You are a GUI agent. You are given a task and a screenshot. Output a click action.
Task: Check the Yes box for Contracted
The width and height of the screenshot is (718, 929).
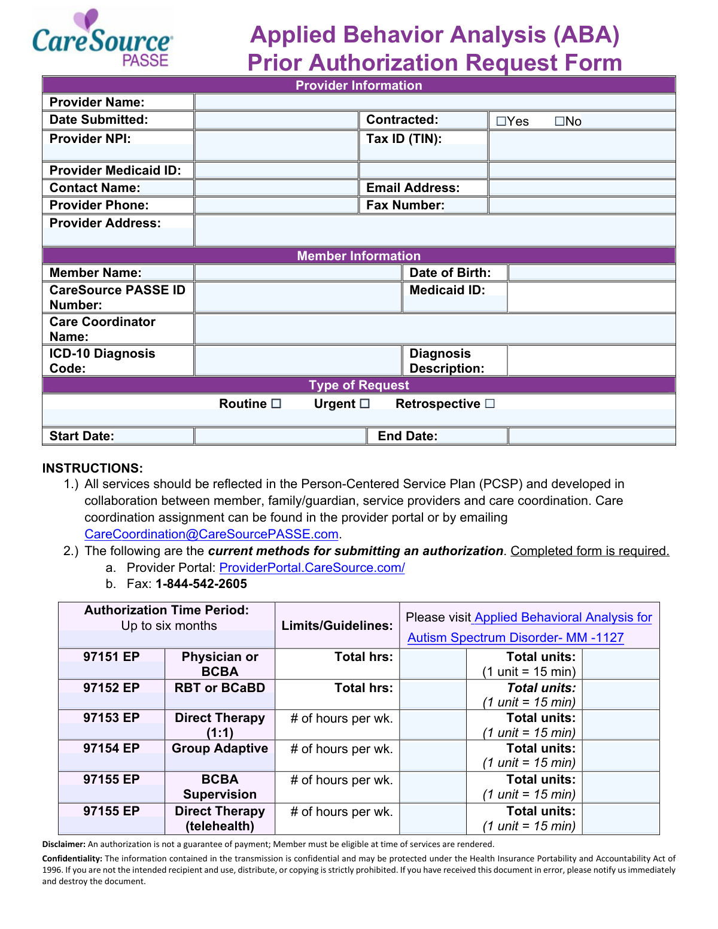click(x=501, y=121)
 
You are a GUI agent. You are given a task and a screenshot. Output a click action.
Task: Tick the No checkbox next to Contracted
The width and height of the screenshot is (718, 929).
click(x=560, y=121)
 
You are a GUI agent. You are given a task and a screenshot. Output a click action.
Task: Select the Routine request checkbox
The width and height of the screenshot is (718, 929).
click(x=276, y=404)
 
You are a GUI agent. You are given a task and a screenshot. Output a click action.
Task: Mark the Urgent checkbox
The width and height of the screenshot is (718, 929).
click(x=365, y=404)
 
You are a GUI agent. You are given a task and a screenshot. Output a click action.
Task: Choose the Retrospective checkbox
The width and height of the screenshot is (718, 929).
click(x=490, y=404)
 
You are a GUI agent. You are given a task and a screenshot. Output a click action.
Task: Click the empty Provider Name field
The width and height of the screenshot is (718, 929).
click(x=434, y=102)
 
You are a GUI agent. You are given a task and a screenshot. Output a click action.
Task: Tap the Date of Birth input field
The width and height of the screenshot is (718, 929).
click(x=591, y=273)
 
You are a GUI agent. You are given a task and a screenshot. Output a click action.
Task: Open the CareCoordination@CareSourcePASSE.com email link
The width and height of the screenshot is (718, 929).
click(x=211, y=534)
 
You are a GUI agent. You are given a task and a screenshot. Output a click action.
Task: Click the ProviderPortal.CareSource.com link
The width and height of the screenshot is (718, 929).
click(x=312, y=568)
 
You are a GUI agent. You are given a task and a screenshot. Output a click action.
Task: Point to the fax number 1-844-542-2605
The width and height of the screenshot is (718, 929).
click(x=201, y=584)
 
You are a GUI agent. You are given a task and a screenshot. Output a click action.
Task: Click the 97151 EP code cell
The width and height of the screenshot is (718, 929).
click(x=111, y=657)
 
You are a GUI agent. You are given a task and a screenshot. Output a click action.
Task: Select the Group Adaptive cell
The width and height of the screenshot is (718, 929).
click(x=220, y=749)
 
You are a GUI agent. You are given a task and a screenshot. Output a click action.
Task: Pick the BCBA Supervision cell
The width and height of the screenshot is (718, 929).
click(x=220, y=787)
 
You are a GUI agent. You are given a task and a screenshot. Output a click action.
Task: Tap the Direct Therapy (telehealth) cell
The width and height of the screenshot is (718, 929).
click(x=220, y=818)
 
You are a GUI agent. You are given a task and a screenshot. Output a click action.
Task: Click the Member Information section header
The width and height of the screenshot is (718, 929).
click(x=358, y=256)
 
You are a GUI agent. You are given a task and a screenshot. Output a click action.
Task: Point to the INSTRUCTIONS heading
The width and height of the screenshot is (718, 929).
click(x=92, y=468)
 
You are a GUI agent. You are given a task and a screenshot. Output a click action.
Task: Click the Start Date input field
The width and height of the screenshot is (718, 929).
click(x=280, y=436)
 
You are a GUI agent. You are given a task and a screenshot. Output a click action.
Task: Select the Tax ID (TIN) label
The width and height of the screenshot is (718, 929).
click(x=404, y=139)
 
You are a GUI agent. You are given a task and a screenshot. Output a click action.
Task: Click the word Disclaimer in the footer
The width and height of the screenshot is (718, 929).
click(x=63, y=845)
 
